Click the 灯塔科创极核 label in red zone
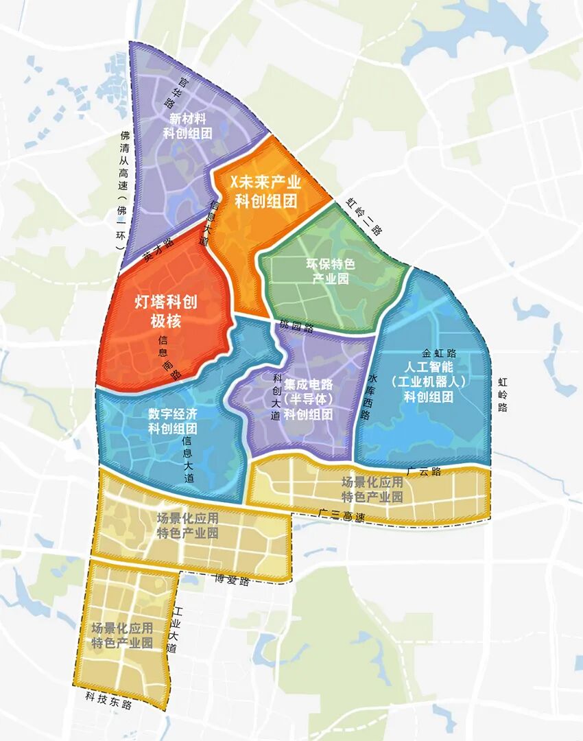click(168, 311)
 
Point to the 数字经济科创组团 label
click(173, 421)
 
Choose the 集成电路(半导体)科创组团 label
click(309, 399)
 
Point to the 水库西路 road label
click(372, 397)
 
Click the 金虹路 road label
click(439, 353)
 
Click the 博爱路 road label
click(232, 580)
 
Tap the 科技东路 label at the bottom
click(108, 703)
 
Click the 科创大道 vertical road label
click(276, 397)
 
